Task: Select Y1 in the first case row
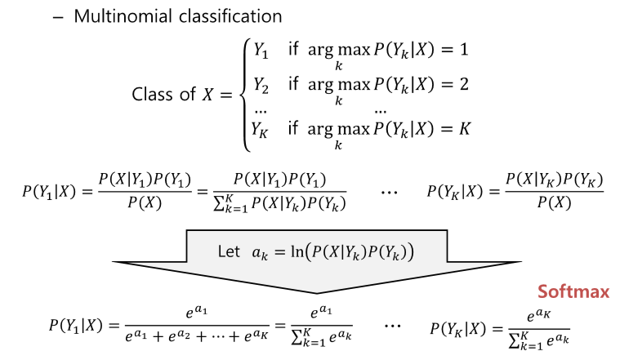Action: click(261, 49)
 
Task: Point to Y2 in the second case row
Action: click(261, 84)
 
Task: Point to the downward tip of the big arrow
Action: click(316, 291)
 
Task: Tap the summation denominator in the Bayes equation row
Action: click(279, 205)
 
